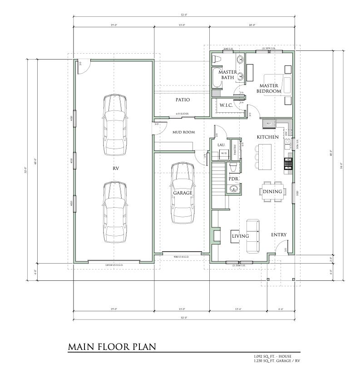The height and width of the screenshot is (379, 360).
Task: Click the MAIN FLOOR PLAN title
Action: click(112, 347)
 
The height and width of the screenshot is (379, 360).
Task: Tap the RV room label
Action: click(116, 168)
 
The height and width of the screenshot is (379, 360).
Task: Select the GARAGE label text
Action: click(182, 193)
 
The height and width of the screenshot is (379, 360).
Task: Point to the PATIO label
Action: click(182, 100)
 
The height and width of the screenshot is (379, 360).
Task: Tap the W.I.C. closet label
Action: click(226, 105)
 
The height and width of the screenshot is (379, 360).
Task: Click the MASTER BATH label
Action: click(227, 75)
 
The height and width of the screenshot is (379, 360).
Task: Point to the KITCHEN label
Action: click(267, 137)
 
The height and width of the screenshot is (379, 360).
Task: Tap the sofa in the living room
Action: click(252, 236)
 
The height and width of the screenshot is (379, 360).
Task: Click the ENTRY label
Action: click(278, 234)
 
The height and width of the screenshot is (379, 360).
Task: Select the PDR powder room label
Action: click(233, 179)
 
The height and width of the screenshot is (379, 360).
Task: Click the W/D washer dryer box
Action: click(224, 154)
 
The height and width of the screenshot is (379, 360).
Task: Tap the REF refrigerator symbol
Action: click(268, 123)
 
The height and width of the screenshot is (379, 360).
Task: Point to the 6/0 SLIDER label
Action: click(182, 114)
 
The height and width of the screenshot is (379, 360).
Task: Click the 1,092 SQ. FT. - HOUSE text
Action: click(272, 356)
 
